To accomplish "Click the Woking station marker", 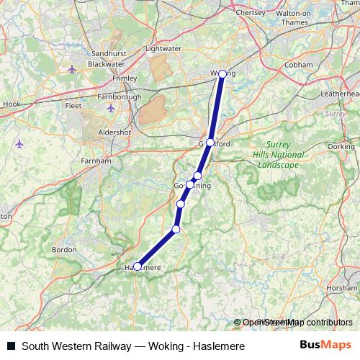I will click(222, 74).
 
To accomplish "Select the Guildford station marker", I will click(210, 143).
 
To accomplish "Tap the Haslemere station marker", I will click(138, 266).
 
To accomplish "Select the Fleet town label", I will click(74, 104).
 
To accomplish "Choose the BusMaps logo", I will click(325, 346).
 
